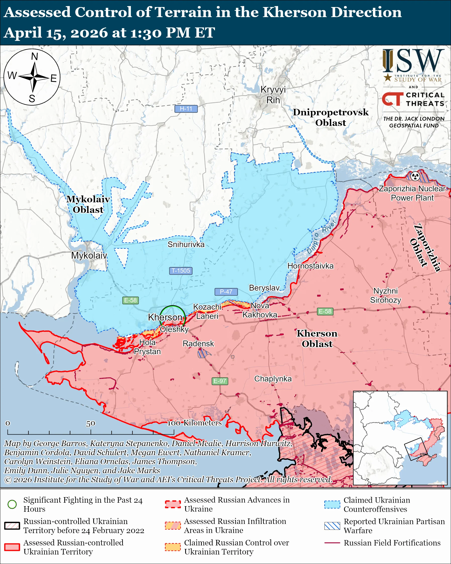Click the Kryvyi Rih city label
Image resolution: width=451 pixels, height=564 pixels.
(273, 95)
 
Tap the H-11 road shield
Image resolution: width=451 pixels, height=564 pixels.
(186, 109)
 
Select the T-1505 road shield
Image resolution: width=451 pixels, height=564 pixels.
(181, 270)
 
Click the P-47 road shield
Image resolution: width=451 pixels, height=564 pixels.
(226, 291)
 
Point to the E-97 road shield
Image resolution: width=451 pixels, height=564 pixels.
(220, 381)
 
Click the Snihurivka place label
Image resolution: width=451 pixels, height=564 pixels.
(186, 244)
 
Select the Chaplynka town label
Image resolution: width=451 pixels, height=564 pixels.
(273, 379)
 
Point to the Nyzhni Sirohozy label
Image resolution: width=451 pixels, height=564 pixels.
(385, 295)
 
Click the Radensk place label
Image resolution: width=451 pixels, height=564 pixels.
(198, 344)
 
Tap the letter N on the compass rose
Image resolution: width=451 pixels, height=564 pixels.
(34, 56)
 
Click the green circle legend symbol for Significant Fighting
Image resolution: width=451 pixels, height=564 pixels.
(12, 504)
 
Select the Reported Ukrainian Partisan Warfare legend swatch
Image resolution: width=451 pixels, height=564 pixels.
(332, 526)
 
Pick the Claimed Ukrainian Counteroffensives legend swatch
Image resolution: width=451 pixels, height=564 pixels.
(332, 504)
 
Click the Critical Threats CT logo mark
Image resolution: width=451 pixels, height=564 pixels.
(392, 99)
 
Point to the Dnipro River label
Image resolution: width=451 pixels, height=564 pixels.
(321, 237)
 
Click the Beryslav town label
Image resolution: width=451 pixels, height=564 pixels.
(264, 288)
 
